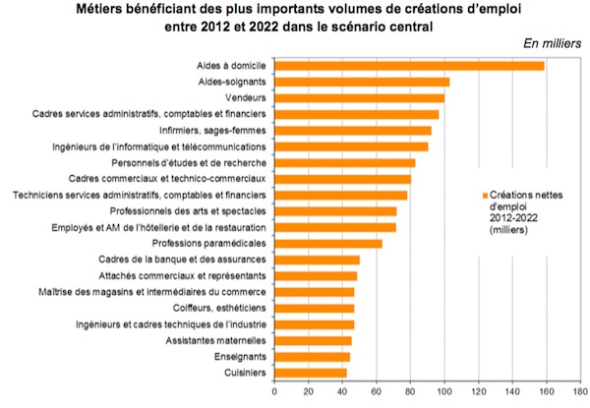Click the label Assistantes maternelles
tap(220, 340)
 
